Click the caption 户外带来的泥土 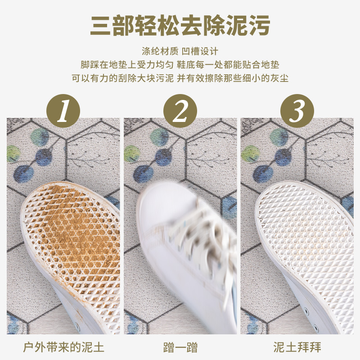tap(63, 347)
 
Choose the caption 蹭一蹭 tap(180, 347)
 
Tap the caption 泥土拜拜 tap(297, 347)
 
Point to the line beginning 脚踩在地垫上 tap(180, 64)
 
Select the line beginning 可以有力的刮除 tap(180, 77)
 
